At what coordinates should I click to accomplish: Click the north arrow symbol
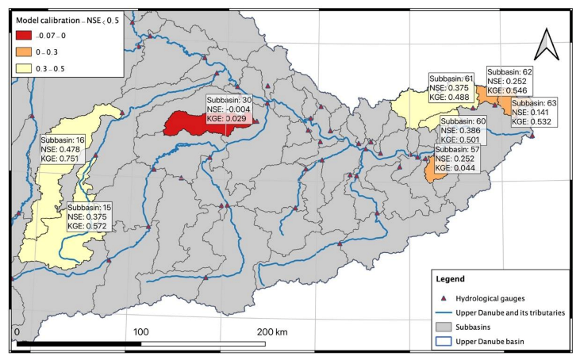click(545, 45)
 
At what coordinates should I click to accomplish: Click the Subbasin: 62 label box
click(509, 81)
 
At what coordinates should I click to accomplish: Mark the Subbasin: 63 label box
click(534, 113)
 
